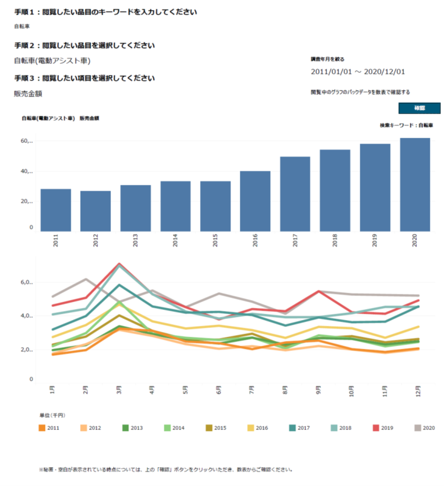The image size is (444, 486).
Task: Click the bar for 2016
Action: coord(256,201)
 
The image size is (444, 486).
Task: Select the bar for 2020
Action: coord(415,184)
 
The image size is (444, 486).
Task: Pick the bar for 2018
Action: coord(335,190)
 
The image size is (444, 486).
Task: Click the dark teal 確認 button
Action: coord(419,108)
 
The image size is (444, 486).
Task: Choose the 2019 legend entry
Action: coord(383,428)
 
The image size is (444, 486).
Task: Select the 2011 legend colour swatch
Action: coord(42,428)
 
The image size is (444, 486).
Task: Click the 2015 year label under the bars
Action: coord(216,240)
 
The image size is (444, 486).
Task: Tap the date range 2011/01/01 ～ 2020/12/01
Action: coord(358,72)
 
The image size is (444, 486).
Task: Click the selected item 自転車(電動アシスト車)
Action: coord(52,61)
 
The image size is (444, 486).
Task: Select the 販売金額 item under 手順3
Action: coord(28,94)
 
